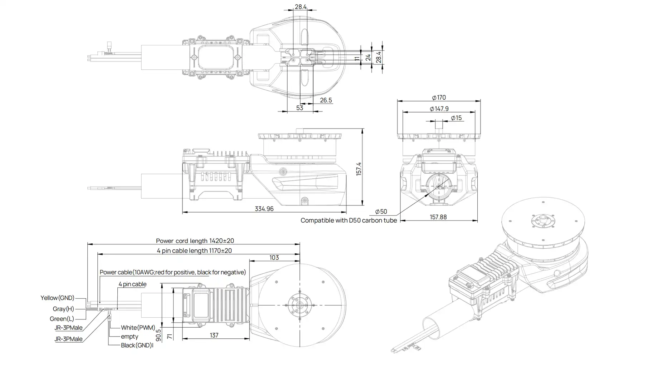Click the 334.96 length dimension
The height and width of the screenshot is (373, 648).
[x=264, y=209]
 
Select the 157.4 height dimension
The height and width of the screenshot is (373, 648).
[x=359, y=169]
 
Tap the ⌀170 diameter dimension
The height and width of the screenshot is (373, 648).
[x=439, y=98]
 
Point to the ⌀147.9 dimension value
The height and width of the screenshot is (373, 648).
[x=439, y=109]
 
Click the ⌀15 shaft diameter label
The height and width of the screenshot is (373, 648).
[x=456, y=118]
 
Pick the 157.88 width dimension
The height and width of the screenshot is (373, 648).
[x=438, y=217]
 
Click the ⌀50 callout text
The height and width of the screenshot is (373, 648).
[x=381, y=212]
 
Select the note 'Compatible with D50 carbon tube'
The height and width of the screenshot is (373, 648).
[x=349, y=220]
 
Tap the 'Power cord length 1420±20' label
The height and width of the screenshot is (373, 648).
[x=195, y=241]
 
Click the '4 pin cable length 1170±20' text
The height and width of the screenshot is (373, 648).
[x=194, y=251]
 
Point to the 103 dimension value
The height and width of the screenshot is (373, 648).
[x=274, y=258]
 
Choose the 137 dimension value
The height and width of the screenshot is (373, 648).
[x=214, y=335]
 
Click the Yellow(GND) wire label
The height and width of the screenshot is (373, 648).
[x=57, y=298]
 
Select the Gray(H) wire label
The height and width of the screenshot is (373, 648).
[x=63, y=309]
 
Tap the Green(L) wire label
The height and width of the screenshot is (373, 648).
[x=62, y=319]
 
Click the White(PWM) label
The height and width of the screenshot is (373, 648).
[x=138, y=328]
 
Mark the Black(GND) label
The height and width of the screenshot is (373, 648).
[x=136, y=345]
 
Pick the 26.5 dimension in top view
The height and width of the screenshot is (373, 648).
[x=326, y=100]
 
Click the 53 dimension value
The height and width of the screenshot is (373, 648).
[x=299, y=108]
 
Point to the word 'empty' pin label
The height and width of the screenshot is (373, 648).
[x=130, y=337]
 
